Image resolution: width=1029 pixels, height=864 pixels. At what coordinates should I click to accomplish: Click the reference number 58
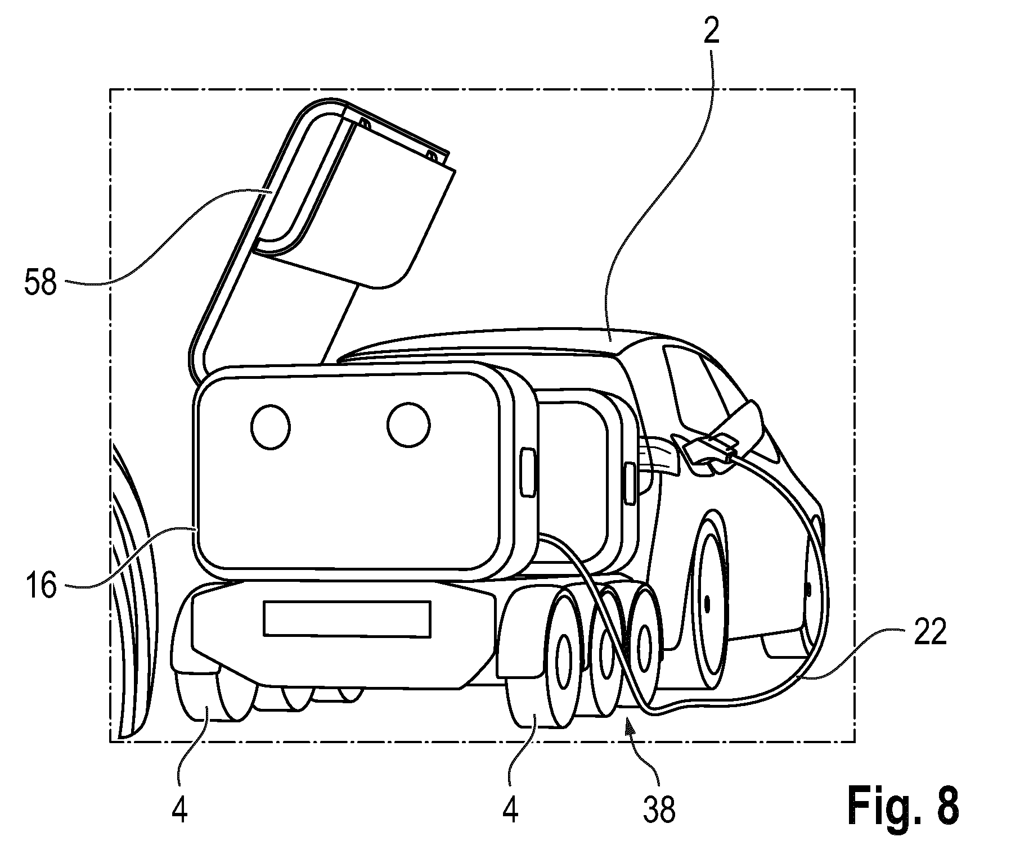point(40,283)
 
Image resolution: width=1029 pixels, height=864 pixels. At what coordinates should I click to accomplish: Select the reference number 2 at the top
point(711,34)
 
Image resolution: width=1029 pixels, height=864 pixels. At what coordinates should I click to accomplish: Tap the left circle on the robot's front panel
point(270,427)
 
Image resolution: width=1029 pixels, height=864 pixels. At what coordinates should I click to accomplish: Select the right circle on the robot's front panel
point(408,426)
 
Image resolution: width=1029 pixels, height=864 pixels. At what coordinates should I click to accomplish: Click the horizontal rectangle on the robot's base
point(347,618)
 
